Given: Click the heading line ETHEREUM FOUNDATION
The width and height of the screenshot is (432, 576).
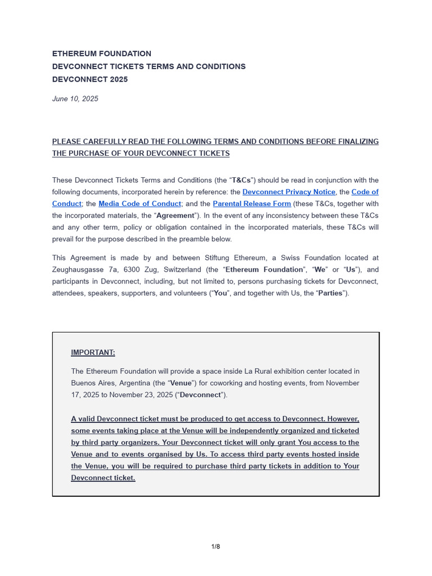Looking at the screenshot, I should (102, 54).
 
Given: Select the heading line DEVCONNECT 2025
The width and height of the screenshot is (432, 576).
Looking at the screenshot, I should (90, 79).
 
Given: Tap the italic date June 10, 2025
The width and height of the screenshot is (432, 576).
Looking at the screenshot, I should (75, 99).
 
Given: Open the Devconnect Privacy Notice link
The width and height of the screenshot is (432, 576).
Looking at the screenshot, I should (289, 192).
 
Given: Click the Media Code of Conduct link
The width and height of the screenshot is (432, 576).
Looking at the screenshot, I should (140, 204).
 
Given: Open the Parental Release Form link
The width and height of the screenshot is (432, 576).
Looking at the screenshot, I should (252, 204).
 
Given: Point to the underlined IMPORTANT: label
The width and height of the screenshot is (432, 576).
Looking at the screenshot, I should (93, 353).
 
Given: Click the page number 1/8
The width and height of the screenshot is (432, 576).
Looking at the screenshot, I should (215, 547).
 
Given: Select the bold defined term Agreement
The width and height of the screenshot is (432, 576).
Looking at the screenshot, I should (174, 215).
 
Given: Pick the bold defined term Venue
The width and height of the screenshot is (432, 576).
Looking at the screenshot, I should (181, 383).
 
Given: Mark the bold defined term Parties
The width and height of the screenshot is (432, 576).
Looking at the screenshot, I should (330, 293).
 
